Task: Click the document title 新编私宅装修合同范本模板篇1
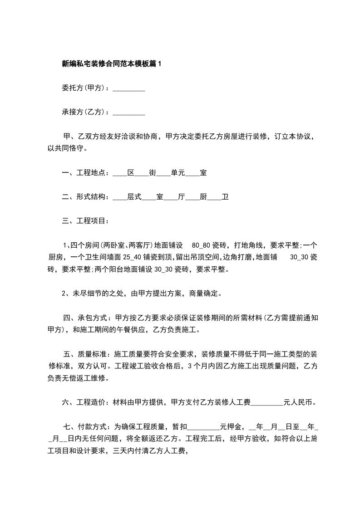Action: (111, 64)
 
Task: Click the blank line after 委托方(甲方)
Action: (128, 89)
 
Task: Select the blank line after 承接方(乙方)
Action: (128, 112)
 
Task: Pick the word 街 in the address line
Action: (153, 173)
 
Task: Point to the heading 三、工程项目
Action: (84, 221)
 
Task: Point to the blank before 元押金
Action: (203, 427)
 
